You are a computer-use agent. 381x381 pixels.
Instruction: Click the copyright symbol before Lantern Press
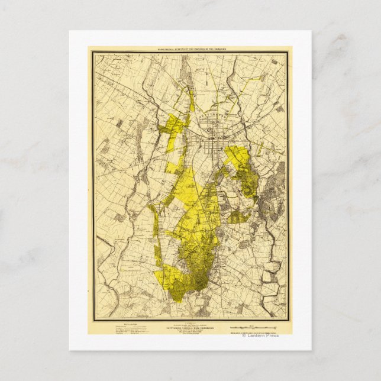tap(243, 337)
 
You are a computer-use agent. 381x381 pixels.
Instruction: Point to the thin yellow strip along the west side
tap(157, 248)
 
